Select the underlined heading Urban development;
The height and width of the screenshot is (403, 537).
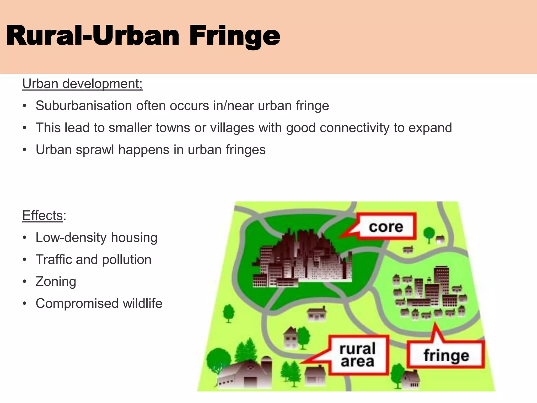pyautogui.click(x=82, y=84)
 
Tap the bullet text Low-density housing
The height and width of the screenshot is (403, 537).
pyautogui.click(x=96, y=238)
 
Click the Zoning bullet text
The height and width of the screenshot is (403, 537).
pyautogui.click(x=56, y=282)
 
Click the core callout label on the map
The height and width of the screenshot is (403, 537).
pyautogui.click(x=386, y=227)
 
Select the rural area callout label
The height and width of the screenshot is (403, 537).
pyautogui.click(x=357, y=355)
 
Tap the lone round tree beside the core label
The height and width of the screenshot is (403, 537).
pyautogui.click(x=429, y=233)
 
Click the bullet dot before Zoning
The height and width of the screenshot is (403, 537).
pyautogui.click(x=25, y=282)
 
